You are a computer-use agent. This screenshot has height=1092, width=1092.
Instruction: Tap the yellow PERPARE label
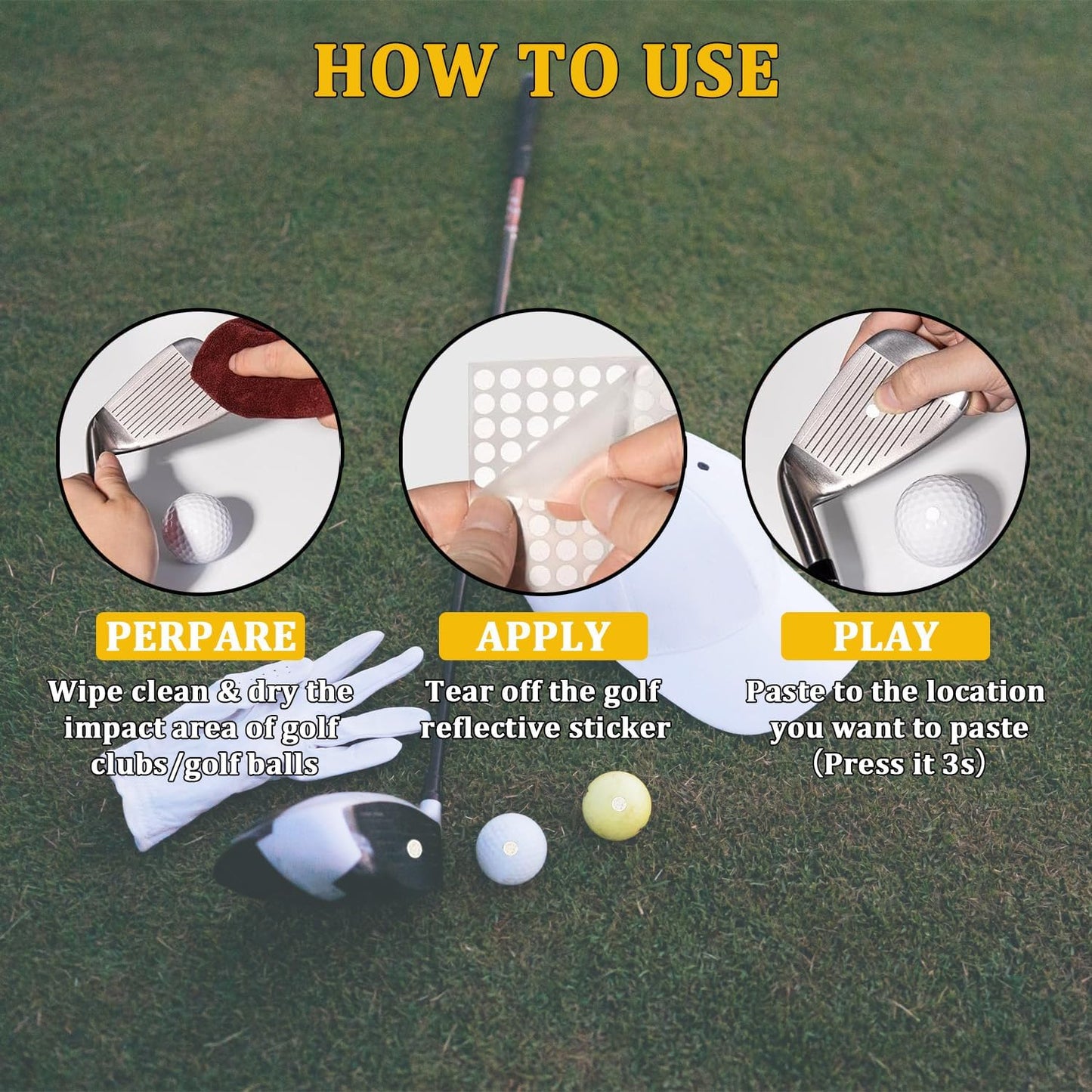tap(200, 636)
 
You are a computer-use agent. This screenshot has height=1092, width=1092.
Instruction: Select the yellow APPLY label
tap(543, 636)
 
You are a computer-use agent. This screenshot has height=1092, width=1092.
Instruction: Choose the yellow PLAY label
tap(885, 636)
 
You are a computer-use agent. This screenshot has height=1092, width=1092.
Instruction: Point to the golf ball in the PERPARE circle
tap(198, 527)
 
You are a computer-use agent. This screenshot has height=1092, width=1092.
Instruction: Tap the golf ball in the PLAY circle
tap(940, 520)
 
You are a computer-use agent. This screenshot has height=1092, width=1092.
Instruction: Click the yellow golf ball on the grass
tap(617, 805)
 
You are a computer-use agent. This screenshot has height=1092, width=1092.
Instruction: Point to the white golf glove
tap(249, 725)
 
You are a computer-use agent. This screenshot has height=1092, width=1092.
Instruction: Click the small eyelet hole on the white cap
tap(704, 467)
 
